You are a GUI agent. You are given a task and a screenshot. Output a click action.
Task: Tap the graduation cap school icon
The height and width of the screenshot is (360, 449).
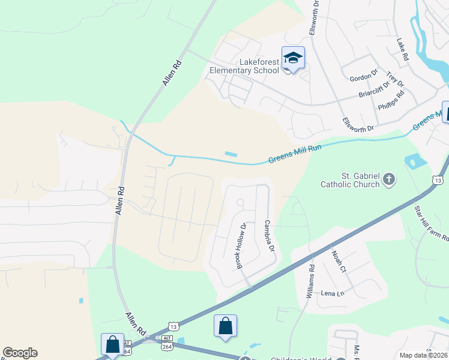click(x=293, y=58)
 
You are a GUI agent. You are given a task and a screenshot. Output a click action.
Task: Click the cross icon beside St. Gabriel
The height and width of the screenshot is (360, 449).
click(x=389, y=179)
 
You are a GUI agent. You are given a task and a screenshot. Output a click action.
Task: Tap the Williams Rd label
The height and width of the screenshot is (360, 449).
click(x=310, y=282)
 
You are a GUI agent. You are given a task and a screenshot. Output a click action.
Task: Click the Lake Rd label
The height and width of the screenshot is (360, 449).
click(x=402, y=50)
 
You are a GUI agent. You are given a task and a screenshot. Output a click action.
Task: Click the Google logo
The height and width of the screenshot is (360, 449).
click(x=20, y=353)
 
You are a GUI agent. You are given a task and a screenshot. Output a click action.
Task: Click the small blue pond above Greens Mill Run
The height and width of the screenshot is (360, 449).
click(x=231, y=154)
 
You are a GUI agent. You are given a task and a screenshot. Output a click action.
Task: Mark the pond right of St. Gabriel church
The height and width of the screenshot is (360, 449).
click(x=412, y=161)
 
